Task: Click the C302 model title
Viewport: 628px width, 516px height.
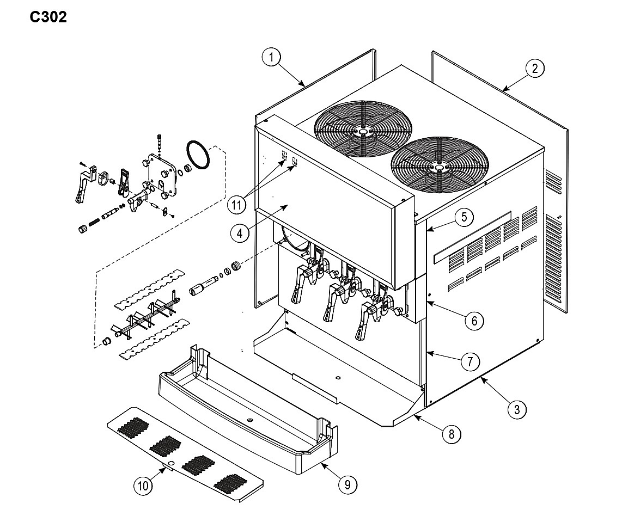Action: point(48,17)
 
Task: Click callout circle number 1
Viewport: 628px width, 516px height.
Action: point(271,57)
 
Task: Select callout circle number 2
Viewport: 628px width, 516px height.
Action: point(535,69)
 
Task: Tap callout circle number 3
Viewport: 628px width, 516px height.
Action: point(517,409)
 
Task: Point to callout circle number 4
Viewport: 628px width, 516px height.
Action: point(240,233)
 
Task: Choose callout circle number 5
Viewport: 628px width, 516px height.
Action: point(464,217)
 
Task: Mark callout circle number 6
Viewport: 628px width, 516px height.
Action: point(474,321)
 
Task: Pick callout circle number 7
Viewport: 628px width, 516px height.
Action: point(470,361)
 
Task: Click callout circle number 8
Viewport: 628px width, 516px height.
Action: point(452,434)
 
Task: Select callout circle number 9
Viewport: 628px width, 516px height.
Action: point(347,485)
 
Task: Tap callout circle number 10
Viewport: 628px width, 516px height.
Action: point(143,486)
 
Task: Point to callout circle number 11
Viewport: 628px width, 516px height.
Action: point(236,205)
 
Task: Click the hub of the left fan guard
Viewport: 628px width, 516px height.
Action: point(362,131)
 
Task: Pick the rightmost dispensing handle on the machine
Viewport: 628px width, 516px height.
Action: point(367,319)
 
